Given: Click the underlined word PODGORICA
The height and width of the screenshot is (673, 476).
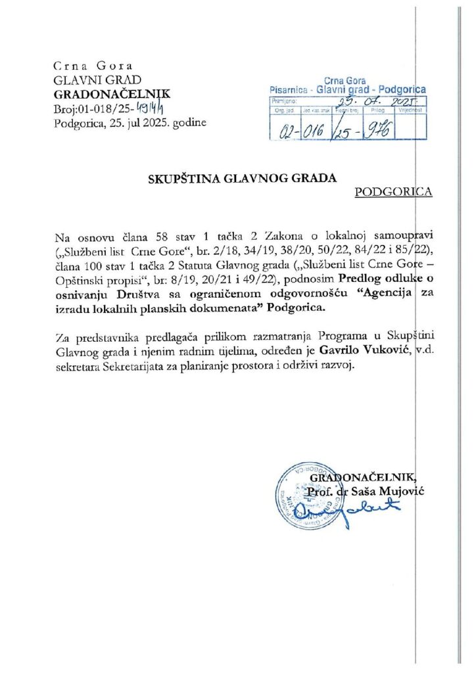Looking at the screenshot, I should tap(393, 192).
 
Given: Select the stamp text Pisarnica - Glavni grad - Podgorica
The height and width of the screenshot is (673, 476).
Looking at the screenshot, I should tap(348, 89).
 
